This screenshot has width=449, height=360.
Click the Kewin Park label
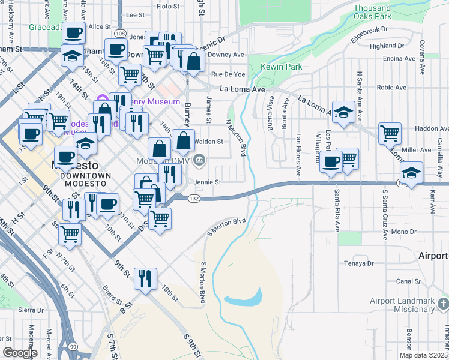(282, 67)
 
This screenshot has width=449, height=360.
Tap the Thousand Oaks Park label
(381, 12)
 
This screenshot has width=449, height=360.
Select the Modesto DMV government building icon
(200, 160)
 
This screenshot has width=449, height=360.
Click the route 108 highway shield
(121, 34)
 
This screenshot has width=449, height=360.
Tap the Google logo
(20, 353)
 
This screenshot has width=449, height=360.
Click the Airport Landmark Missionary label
(402, 305)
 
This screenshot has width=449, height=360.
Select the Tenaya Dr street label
(358, 263)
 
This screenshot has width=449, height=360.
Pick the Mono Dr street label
(402, 232)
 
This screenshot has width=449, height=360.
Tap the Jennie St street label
(206, 182)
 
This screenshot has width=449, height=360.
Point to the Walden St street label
(209, 142)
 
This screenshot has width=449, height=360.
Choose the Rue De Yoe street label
(228, 74)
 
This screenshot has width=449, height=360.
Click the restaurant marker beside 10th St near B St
(145, 278)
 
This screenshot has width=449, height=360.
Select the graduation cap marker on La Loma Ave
(343, 112)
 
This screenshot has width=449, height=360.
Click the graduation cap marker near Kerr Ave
(411, 172)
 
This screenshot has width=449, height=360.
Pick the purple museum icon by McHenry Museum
(101, 99)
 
